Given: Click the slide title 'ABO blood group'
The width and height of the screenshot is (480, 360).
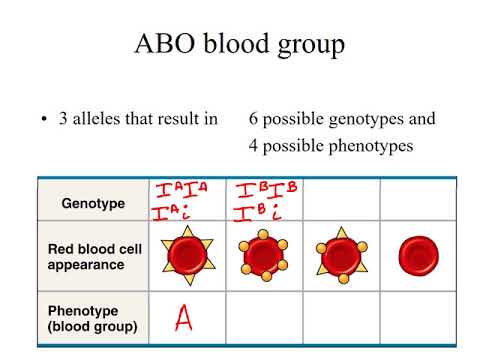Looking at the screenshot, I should click(239, 47).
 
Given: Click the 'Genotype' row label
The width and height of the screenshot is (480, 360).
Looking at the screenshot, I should click(93, 203).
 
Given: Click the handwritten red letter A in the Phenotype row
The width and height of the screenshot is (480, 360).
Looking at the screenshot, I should click(183, 318).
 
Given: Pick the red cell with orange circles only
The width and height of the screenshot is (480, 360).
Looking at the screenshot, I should click(263, 257).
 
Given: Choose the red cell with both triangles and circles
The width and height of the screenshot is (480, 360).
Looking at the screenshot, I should click(341, 257).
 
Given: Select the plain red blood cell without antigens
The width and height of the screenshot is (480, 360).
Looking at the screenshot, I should click(417, 257).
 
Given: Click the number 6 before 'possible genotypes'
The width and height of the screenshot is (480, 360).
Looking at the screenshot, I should click(254, 119).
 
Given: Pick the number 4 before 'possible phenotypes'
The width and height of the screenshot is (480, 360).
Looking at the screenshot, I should click(254, 146).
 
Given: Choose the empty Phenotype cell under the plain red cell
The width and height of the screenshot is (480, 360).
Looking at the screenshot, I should click(417, 318).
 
